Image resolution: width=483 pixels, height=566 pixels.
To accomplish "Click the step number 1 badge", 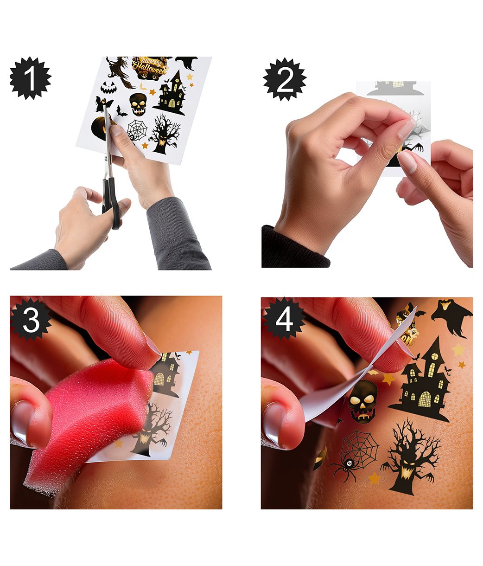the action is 31,78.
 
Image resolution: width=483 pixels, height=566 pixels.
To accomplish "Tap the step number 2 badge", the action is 285,79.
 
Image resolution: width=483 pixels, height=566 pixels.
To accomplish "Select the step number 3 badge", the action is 31,319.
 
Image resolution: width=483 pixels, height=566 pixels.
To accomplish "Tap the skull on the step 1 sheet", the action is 138,104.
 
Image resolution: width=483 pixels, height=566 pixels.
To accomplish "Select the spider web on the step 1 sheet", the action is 137,130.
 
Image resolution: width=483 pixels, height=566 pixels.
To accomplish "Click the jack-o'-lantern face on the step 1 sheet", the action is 108,87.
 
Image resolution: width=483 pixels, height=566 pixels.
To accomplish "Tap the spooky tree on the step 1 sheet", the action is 165,134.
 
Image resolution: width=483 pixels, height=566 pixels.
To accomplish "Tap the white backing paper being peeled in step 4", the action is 356,383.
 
